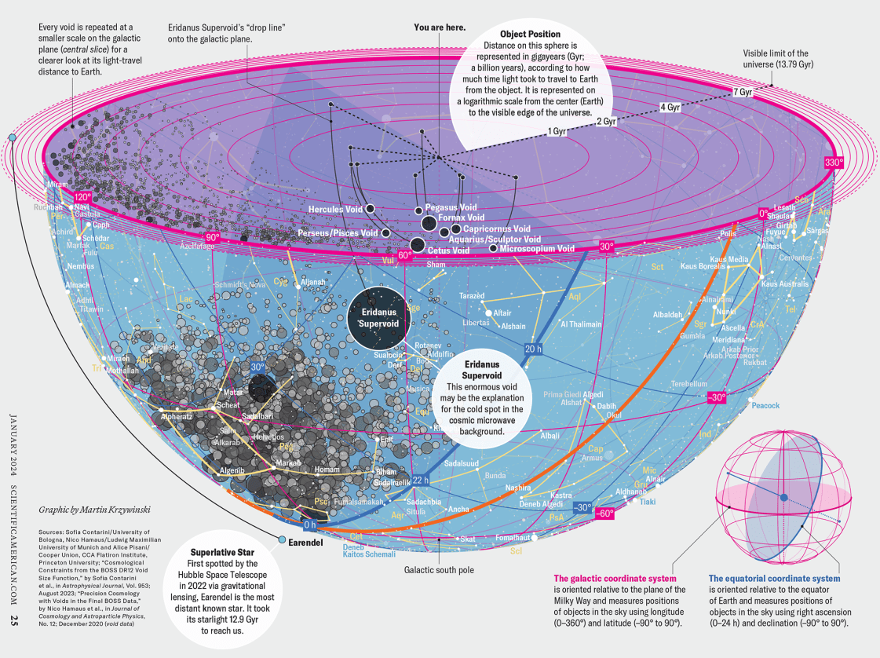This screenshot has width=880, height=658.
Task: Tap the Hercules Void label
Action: (335, 210)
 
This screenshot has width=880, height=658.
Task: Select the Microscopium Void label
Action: (538, 249)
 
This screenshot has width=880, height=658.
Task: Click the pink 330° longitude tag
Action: (834, 163)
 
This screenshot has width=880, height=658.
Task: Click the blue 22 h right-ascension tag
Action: (421, 481)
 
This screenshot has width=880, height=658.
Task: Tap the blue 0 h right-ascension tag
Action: (310, 524)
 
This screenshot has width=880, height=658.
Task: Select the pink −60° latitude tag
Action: (604, 514)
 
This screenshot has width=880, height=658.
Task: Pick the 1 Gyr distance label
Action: (557, 131)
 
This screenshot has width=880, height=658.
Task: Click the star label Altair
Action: (502, 313)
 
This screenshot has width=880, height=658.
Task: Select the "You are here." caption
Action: (439, 27)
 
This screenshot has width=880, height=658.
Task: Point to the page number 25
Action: (14, 620)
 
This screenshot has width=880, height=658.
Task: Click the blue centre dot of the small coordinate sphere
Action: (783, 497)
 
